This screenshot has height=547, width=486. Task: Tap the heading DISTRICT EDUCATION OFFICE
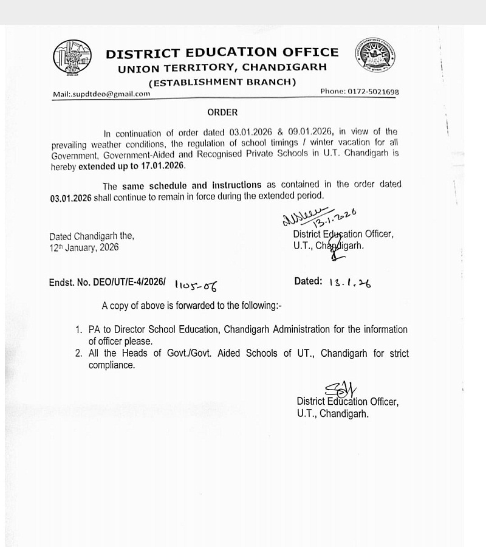click(222, 53)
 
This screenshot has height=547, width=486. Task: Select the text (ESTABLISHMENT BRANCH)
click(223, 82)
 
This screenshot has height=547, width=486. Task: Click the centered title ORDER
click(222, 112)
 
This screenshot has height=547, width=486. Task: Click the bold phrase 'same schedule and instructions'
click(191, 185)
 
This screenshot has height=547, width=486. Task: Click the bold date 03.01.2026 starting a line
click(71, 196)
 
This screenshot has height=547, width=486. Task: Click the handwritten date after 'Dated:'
click(349, 283)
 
